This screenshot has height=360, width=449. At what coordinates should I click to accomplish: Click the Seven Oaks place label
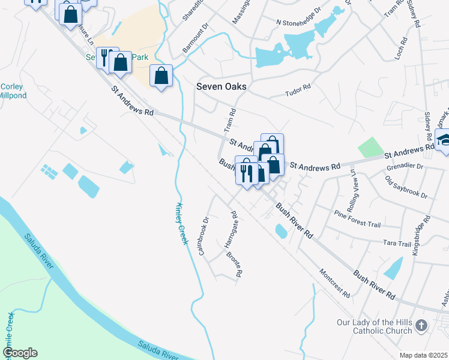coord(221,87)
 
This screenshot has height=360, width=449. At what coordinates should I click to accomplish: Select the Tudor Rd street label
coord(298,91)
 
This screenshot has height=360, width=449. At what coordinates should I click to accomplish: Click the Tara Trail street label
coord(397,244)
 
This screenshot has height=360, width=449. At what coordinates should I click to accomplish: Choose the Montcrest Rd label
coord(334,283)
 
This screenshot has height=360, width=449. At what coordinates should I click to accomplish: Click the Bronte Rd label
coord(234,264)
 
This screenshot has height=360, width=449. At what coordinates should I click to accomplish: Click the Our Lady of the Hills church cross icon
coord(421,326)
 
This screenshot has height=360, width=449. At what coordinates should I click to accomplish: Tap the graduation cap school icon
coord(444,141)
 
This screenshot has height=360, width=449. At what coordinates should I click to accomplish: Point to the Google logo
coord(20,353)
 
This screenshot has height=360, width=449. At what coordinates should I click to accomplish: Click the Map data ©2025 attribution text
coord(423,355)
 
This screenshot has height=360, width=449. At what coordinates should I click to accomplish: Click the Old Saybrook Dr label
coord(406,187)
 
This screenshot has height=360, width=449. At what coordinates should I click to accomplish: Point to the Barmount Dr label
coord(194,38)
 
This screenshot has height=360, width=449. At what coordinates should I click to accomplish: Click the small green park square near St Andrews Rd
coord(370,148)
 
